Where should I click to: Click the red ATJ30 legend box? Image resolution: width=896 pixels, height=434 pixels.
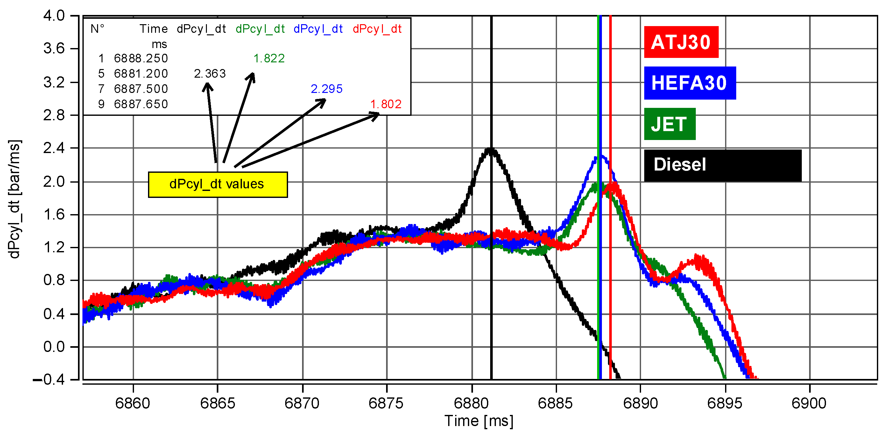[x=681, y=42]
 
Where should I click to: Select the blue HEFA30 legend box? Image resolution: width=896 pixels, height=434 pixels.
[x=689, y=83]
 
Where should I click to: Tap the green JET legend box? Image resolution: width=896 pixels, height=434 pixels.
[x=669, y=124]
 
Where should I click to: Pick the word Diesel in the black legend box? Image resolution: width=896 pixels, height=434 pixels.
[x=679, y=164]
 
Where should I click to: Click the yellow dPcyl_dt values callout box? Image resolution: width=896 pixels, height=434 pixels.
[x=218, y=184]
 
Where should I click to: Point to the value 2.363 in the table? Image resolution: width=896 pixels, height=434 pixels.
[x=210, y=74]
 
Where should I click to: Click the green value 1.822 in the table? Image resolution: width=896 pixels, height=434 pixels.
[x=269, y=59]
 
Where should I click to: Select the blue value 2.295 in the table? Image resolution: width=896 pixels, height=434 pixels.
[x=326, y=89]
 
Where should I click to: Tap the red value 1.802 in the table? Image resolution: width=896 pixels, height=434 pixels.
[x=385, y=104]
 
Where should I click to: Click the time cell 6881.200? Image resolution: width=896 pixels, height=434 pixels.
[x=141, y=74]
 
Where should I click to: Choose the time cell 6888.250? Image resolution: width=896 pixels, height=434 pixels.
[x=141, y=59]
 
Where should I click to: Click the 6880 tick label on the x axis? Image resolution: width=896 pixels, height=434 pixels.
[x=471, y=403]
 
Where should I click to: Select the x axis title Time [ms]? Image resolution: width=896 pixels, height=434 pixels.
[x=479, y=421]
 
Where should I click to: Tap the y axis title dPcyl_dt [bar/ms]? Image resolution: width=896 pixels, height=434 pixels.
[x=14, y=199]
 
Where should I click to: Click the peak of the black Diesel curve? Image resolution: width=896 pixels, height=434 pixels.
[x=490, y=150]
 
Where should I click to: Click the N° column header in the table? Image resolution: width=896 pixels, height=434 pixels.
[x=97, y=29]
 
